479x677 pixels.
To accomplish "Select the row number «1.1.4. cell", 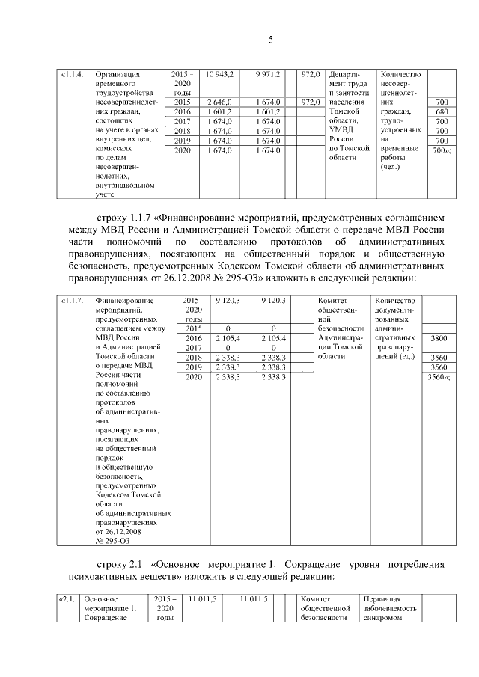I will click(71, 75).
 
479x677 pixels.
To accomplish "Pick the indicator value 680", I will click(442, 111).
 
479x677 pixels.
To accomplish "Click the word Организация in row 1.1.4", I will click(117, 75).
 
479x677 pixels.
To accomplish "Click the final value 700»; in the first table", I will click(442, 150).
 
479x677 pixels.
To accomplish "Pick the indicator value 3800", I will click(439, 338).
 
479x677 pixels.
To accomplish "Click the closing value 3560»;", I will click(440, 377).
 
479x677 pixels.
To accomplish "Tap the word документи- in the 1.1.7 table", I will click(402, 310).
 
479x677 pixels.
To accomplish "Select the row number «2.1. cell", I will click(69, 599).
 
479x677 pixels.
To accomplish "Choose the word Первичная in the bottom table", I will click(382, 599).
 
